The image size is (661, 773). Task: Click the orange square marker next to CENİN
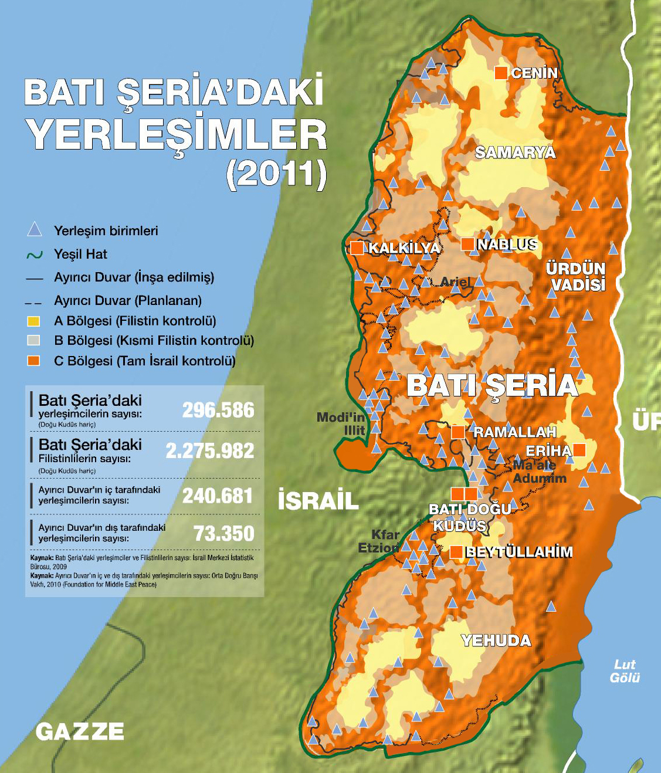tap(501, 73)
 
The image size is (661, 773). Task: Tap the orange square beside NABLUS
tap(467, 244)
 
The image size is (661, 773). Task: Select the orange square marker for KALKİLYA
tap(357, 248)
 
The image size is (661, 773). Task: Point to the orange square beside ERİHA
tap(579, 450)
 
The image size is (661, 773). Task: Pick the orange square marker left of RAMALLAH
tap(458, 432)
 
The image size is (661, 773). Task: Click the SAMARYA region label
tap(515, 152)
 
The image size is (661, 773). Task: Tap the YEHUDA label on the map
tap(496, 640)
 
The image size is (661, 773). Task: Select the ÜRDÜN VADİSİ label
tap(575, 276)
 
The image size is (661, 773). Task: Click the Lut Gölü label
tap(625, 671)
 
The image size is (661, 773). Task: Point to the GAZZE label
tap(80, 731)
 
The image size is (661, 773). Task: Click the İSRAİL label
tap(318, 500)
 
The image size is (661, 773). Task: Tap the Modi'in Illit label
tap(341, 423)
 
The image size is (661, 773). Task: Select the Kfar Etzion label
tap(379, 541)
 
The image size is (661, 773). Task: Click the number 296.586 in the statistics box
tap(218, 410)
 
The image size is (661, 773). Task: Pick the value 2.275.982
tap(210, 450)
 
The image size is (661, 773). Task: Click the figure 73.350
tap(224, 533)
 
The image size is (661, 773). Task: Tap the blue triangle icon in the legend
tap(35, 229)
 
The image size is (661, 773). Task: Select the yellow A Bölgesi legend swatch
tap(33, 321)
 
